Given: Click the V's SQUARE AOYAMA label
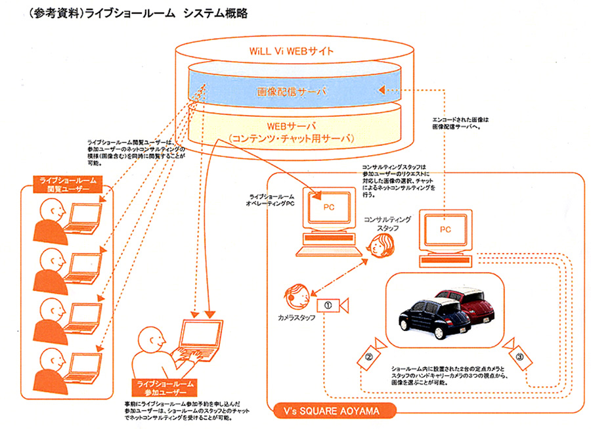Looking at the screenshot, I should point(336,413).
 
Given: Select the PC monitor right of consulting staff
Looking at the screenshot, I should point(445,231).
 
